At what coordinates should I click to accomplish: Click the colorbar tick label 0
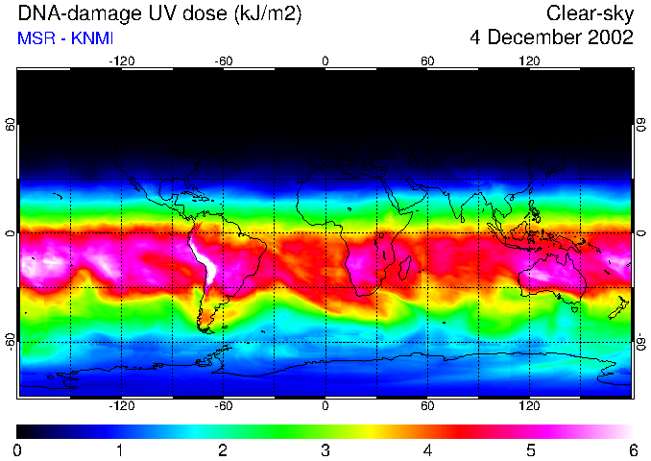point(18,449)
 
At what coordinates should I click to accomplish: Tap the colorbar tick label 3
point(325,449)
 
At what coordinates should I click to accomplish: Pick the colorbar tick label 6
point(632,449)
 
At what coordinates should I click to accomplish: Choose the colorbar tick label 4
point(427,449)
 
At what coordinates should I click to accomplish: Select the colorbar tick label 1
point(121,449)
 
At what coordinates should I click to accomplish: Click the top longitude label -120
point(121,61)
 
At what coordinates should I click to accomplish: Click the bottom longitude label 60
point(427,406)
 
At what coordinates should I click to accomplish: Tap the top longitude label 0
point(325,61)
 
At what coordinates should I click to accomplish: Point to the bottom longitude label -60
point(223,406)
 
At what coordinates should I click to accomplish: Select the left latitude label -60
point(10,342)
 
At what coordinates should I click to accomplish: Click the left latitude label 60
point(10,125)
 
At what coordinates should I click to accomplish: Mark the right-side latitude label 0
point(640,233)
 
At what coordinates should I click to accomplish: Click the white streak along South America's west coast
point(201,258)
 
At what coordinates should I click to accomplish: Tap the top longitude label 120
point(529,61)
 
